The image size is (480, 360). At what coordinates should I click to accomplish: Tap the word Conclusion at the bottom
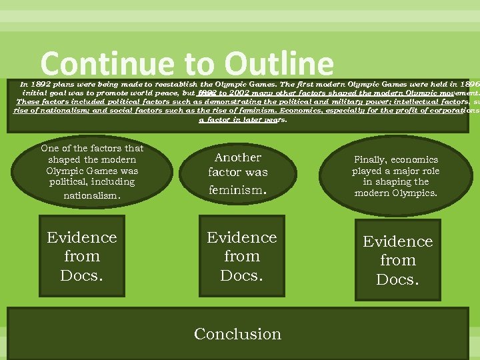tap(238, 334)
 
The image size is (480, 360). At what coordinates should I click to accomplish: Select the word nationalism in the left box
tap(92, 195)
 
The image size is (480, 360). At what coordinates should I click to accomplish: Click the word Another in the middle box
tap(238, 157)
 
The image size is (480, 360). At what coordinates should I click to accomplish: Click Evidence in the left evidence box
tap(82, 238)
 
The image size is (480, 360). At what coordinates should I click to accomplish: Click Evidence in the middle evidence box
tap(242, 238)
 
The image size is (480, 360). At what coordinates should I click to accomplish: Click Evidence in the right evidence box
tap(398, 241)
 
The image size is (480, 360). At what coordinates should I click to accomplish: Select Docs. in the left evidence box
tap(82, 275)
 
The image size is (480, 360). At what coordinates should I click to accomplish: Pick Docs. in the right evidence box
tap(398, 279)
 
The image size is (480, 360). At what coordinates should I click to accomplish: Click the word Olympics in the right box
tap(413, 193)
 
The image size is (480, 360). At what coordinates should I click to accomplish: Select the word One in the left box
tap(51, 149)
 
